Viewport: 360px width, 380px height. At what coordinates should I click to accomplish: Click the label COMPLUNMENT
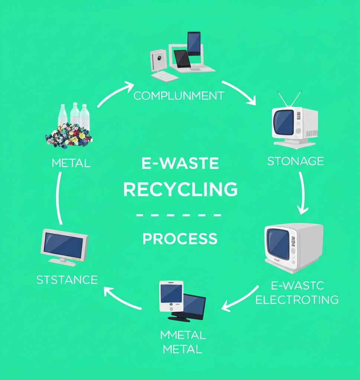coord(179,96)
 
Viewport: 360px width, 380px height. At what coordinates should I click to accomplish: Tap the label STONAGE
coord(295,161)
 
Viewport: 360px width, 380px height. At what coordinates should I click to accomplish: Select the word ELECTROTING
coord(297,299)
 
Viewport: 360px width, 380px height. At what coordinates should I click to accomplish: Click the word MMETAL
coord(183,335)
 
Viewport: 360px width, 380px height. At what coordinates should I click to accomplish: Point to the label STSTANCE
coord(67,279)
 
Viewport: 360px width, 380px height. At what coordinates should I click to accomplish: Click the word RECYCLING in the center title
coord(180,190)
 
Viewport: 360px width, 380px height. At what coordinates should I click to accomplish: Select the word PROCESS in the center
coord(180,239)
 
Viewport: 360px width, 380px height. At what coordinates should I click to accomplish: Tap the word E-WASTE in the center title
coord(180,164)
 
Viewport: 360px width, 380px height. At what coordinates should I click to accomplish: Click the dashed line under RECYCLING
coord(179,215)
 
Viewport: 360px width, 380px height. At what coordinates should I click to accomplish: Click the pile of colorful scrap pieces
coord(69,137)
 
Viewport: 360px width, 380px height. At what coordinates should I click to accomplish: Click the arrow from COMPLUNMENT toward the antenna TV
coord(239,92)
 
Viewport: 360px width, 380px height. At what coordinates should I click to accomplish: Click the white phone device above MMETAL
coord(171,295)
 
